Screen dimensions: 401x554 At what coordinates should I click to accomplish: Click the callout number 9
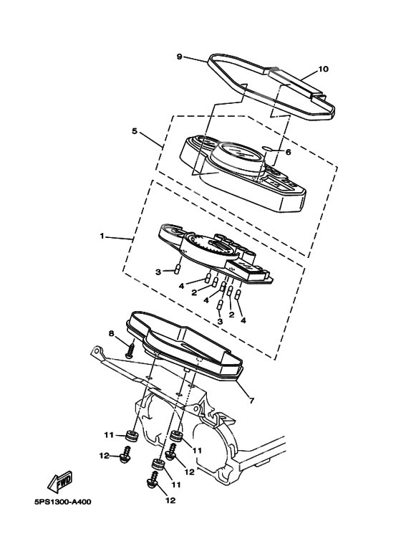point(179,57)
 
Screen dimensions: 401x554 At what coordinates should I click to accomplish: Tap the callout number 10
point(323,69)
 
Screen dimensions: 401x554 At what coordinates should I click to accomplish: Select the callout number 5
point(134,130)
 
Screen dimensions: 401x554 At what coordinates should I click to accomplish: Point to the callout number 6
point(288,152)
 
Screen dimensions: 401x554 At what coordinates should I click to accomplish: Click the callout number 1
point(102,236)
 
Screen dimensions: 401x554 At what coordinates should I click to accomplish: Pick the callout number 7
point(251,401)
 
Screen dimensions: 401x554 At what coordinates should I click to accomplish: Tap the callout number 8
point(112,333)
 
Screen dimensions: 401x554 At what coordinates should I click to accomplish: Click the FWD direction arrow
point(61,482)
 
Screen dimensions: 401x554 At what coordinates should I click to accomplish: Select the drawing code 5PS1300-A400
point(62,502)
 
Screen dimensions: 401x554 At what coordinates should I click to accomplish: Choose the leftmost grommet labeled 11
point(132,436)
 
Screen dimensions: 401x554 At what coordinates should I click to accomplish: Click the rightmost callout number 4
point(243,320)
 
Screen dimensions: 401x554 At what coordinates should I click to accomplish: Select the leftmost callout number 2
point(194,292)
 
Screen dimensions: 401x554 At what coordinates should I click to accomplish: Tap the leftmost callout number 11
point(107,434)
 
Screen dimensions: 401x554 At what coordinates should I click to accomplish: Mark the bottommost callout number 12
point(170,500)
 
